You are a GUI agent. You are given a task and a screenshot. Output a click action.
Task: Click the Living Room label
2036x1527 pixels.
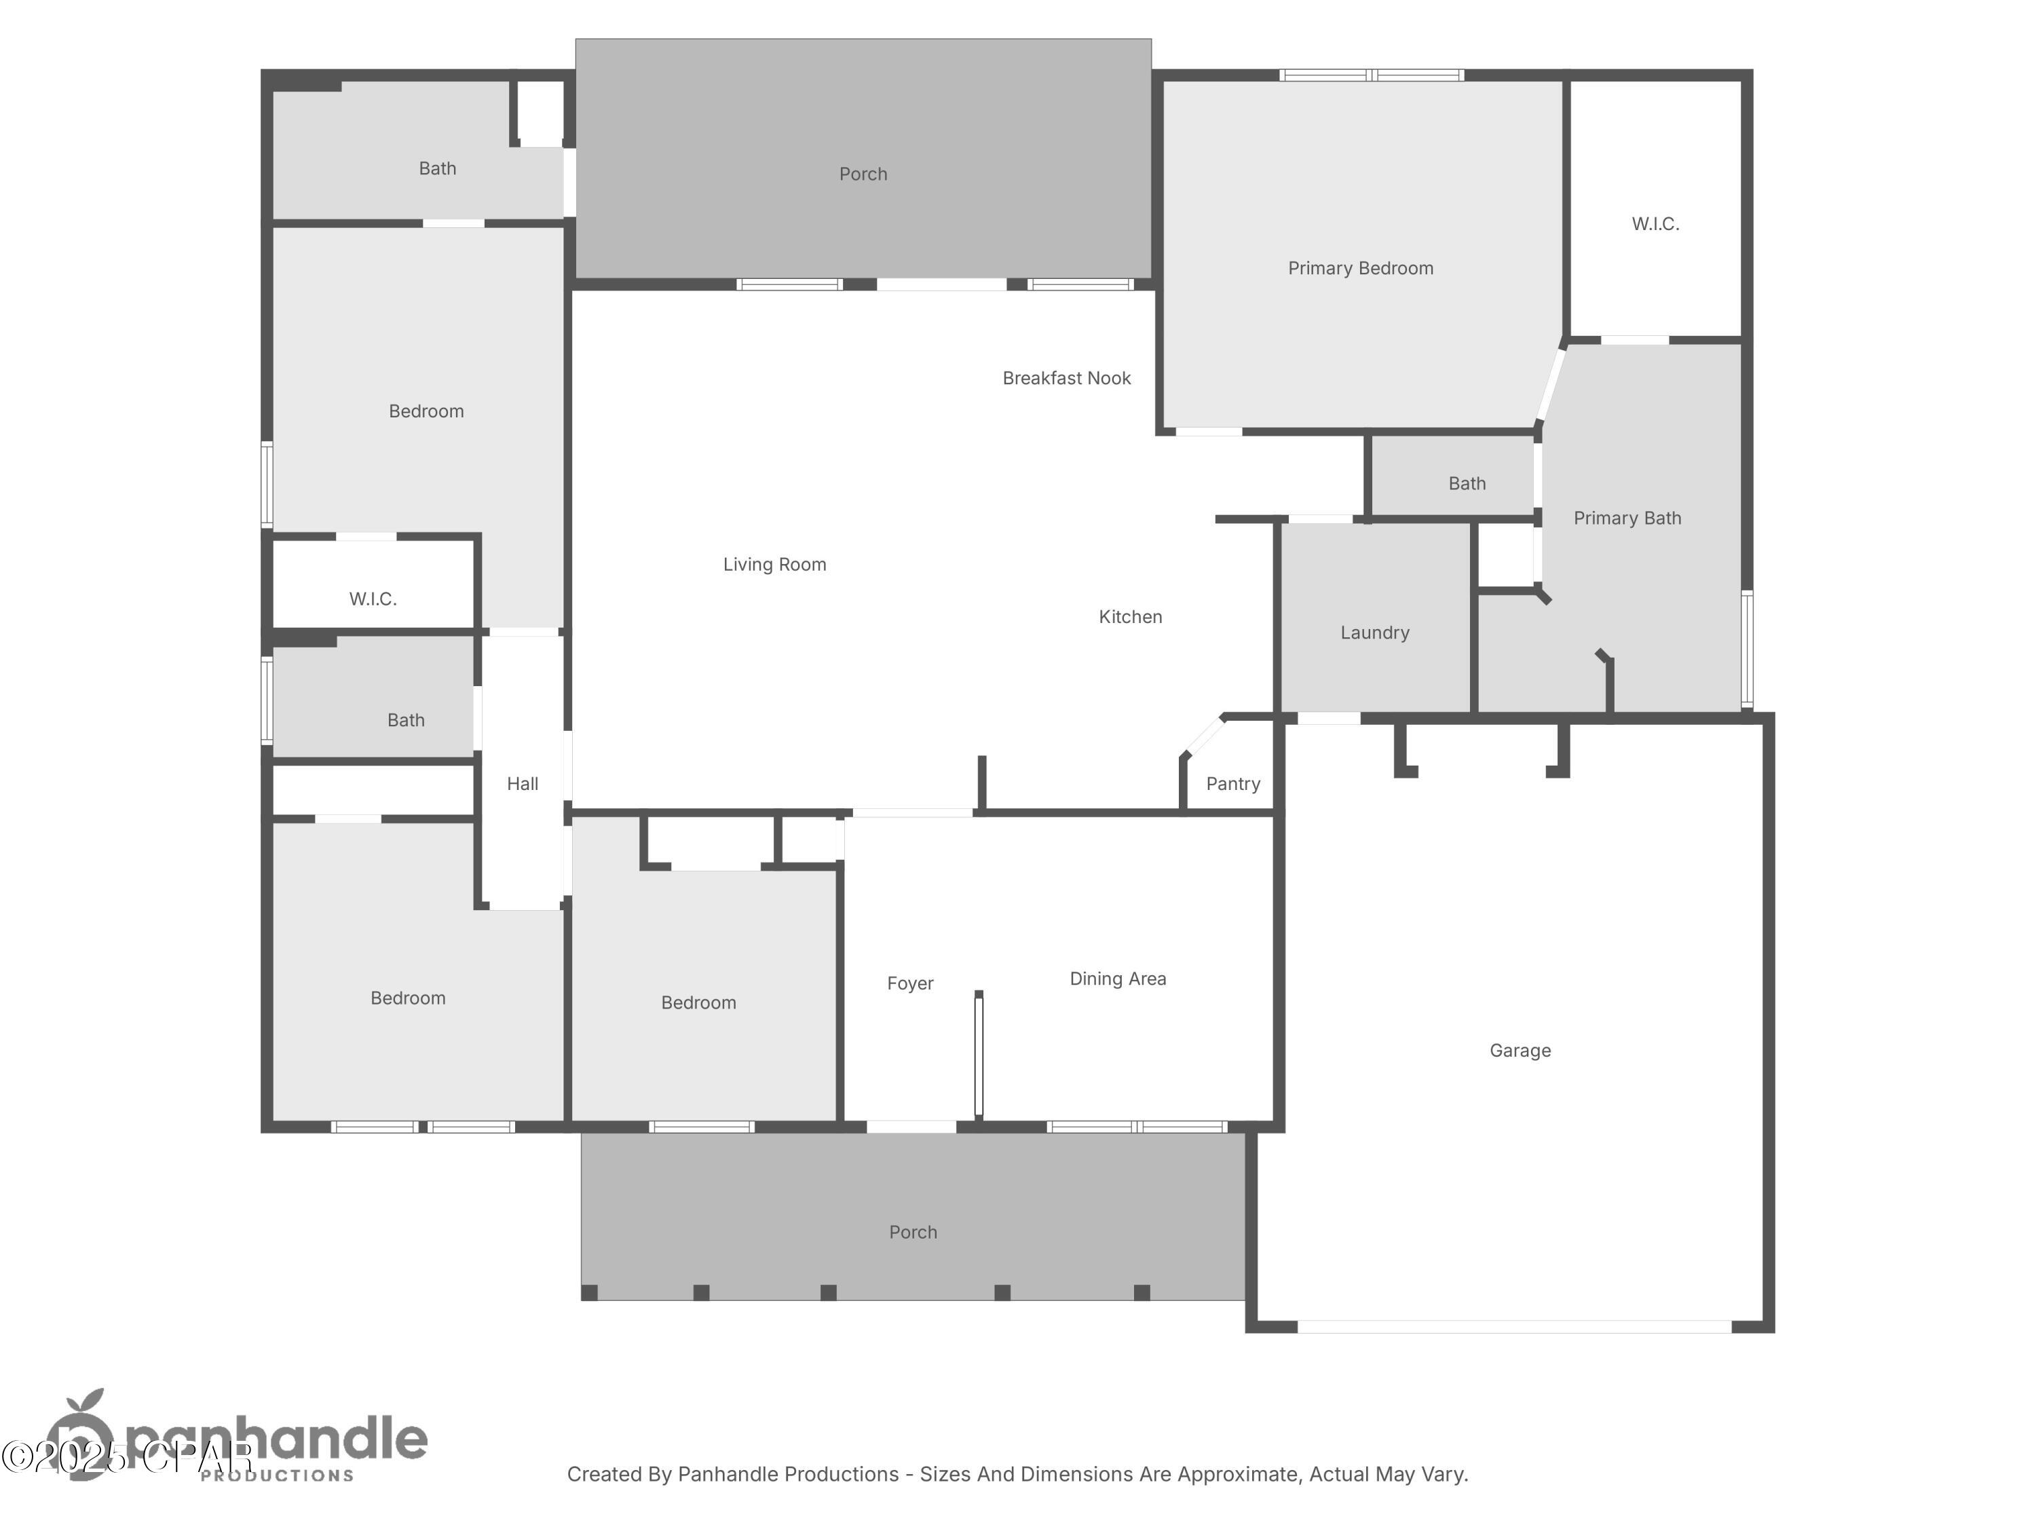click(774, 564)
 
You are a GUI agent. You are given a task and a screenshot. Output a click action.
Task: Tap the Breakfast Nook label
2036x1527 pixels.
click(1066, 378)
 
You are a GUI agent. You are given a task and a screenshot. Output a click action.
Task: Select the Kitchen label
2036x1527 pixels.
click(1129, 617)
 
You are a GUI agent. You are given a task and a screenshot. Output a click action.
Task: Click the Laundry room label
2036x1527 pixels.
click(1374, 633)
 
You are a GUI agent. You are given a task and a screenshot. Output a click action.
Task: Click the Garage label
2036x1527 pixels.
click(1520, 1050)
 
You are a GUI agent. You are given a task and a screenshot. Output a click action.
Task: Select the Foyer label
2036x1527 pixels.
click(909, 983)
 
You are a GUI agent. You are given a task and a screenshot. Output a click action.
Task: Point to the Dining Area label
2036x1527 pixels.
click(1117, 979)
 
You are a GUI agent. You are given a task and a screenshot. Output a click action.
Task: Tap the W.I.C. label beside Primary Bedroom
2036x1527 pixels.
click(1655, 224)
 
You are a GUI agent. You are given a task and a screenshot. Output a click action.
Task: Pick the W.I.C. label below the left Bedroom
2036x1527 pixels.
click(373, 599)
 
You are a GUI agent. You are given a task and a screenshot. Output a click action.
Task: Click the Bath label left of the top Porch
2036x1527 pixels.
click(437, 168)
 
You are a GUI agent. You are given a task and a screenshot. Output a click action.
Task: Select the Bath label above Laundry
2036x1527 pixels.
click(1466, 483)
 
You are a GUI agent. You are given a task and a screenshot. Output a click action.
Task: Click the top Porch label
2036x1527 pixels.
click(863, 174)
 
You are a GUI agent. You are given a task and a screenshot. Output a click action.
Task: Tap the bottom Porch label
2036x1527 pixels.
click(912, 1232)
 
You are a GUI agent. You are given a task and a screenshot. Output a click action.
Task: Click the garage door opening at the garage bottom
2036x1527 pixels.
click(1514, 1326)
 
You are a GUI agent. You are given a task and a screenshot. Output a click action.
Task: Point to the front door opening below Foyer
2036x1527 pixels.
click(911, 1127)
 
